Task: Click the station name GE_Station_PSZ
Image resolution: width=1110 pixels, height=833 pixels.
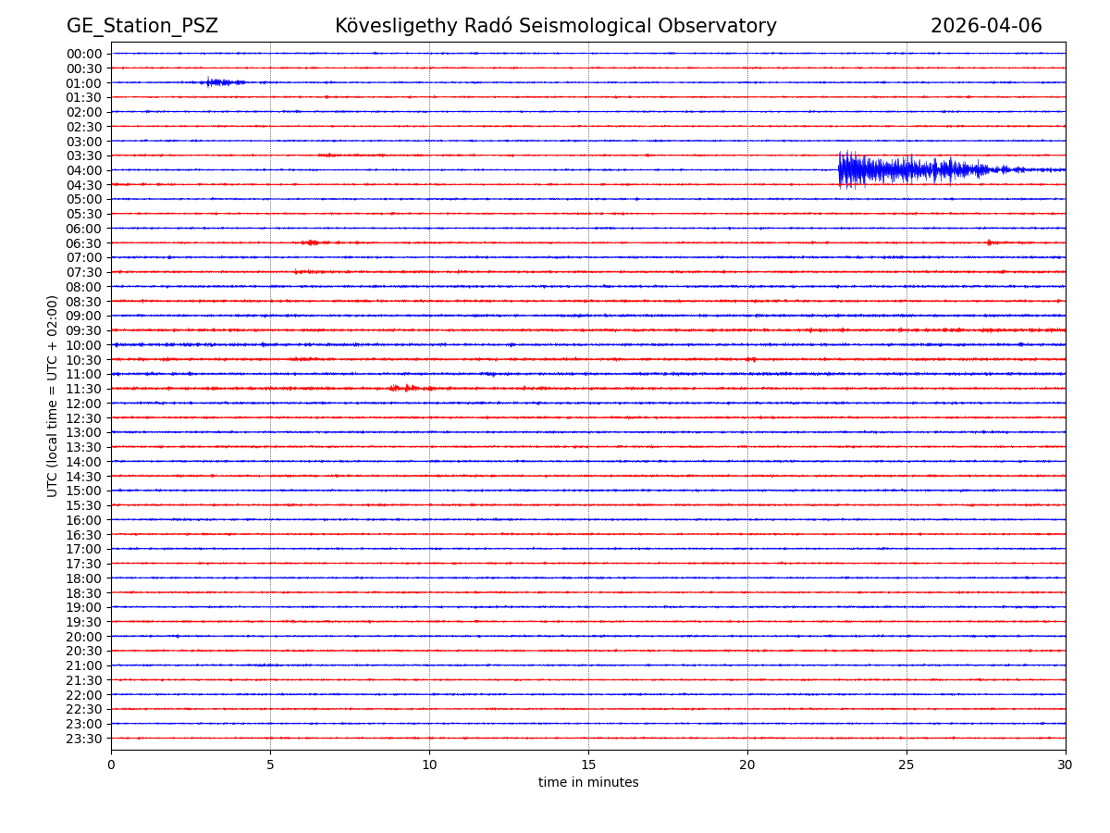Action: (x=142, y=26)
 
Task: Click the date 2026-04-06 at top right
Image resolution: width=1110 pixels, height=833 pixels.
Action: (x=986, y=26)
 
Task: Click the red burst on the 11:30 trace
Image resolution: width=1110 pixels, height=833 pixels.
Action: (x=407, y=388)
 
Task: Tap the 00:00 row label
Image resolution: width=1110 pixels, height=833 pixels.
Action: (x=84, y=54)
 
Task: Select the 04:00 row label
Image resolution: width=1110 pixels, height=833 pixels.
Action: (x=84, y=170)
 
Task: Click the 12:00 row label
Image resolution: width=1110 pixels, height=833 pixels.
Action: (x=84, y=404)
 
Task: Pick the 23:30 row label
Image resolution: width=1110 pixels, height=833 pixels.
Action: (x=84, y=739)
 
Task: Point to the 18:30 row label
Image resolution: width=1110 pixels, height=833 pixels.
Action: (x=84, y=592)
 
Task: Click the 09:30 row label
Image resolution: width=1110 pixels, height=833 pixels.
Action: (x=84, y=330)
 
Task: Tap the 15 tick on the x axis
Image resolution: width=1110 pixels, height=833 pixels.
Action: (x=588, y=765)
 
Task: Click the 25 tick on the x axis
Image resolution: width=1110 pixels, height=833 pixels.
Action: (x=906, y=765)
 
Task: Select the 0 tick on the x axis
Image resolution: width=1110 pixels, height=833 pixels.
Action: (x=111, y=765)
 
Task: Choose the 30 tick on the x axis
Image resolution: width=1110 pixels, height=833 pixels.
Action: (x=1066, y=765)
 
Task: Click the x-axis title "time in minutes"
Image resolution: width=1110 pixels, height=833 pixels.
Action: (x=588, y=783)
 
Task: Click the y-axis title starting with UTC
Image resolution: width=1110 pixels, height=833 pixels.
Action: (x=54, y=395)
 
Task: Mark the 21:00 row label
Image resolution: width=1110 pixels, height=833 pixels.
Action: (x=84, y=665)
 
